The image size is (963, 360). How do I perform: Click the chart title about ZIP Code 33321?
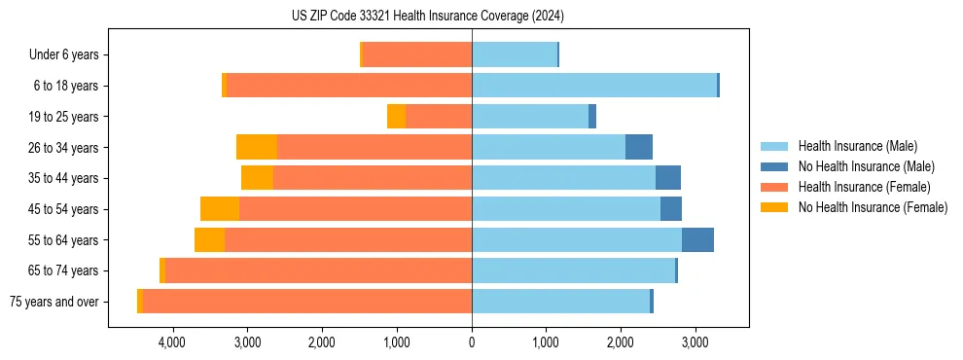click(x=427, y=17)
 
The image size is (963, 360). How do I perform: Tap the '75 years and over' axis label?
click(x=54, y=302)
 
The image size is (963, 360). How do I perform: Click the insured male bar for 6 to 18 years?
click(x=594, y=86)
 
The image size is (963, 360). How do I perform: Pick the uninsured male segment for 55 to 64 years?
click(x=697, y=240)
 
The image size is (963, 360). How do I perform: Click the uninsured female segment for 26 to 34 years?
click(x=257, y=148)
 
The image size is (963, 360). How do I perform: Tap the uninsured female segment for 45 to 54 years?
click(x=220, y=209)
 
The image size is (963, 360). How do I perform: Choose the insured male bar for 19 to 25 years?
click(x=530, y=117)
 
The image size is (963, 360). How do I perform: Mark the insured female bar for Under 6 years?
click(x=417, y=55)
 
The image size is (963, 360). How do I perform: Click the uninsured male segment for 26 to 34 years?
click(x=639, y=148)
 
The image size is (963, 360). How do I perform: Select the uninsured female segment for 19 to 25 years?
click(x=396, y=117)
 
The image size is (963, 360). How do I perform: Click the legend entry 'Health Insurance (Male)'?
click(x=857, y=146)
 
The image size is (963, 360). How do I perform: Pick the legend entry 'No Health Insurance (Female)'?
click(x=873, y=207)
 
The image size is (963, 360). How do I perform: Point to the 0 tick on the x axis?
click(x=472, y=342)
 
